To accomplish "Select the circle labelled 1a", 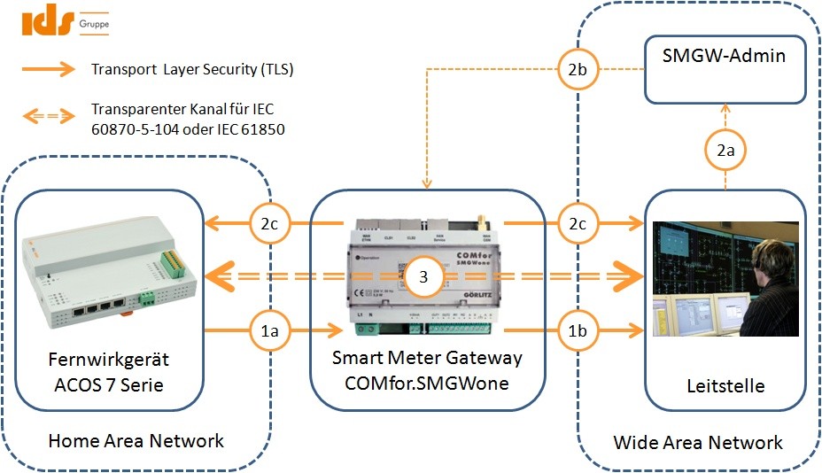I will (269, 331).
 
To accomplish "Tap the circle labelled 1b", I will (576, 331).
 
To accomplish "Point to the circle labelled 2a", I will (725, 152).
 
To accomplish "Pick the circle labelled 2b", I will (576, 70).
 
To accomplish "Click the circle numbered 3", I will (423, 277).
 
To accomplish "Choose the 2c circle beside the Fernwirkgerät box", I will (269, 224).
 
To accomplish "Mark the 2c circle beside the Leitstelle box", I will (576, 224).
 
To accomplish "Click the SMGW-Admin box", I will (725, 69).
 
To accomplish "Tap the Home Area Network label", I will (136, 441).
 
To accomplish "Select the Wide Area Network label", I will (698, 442).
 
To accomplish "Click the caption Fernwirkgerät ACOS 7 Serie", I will (109, 372).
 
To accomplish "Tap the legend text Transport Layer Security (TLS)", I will (192, 69).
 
